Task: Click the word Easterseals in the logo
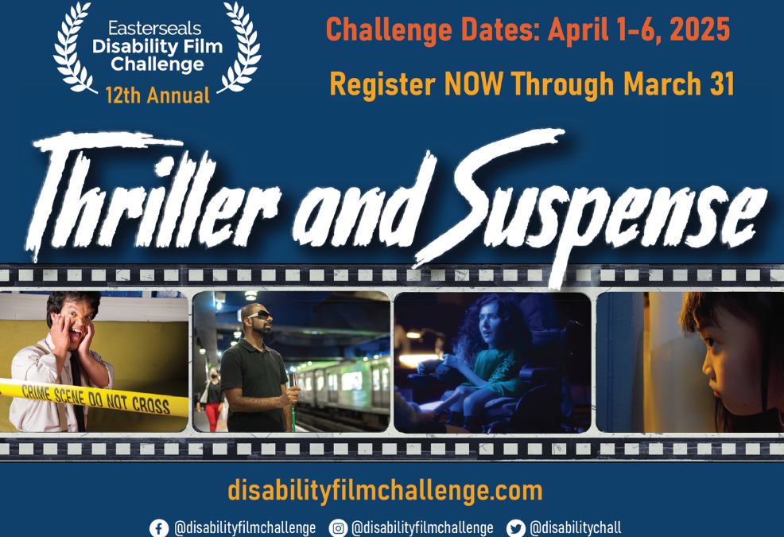(x=154, y=28)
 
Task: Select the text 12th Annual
(x=157, y=95)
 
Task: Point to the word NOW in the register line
(x=473, y=84)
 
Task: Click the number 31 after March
(x=722, y=84)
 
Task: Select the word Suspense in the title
(x=590, y=205)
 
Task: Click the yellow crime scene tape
(x=95, y=398)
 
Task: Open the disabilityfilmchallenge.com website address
(x=385, y=491)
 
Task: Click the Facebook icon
(x=158, y=528)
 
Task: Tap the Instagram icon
(x=338, y=528)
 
